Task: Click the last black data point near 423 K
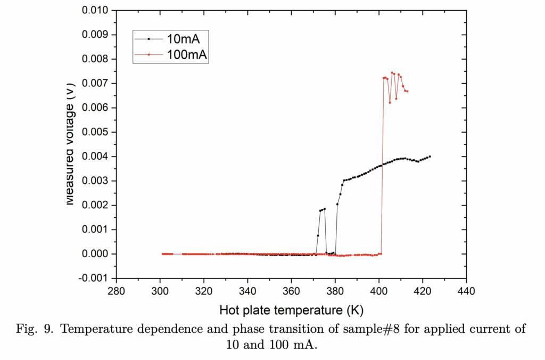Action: tap(430, 157)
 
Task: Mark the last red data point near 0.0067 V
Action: tap(407, 92)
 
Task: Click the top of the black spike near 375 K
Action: tap(324, 209)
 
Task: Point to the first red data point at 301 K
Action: tap(162, 253)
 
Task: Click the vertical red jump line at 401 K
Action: tap(382, 170)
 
